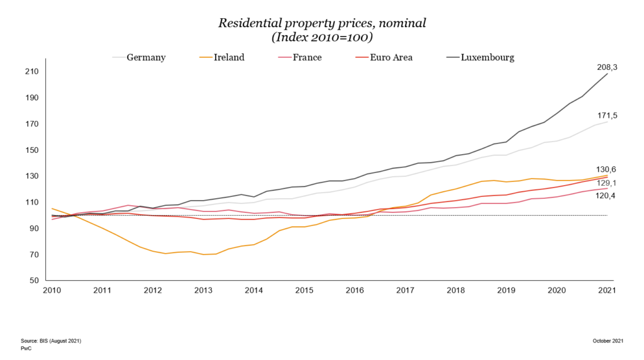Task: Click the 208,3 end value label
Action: (x=607, y=67)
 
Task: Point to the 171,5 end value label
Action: (x=607, y=116)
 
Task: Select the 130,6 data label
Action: (x=607, y=169)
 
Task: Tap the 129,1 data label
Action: (x=607, y=183)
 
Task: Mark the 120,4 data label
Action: (x=607, y=196)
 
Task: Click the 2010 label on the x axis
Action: (x=52, y=290)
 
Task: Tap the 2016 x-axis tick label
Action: (x=355, y=290)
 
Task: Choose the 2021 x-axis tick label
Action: (x=607, y=290)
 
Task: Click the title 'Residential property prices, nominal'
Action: (x=322, y=23)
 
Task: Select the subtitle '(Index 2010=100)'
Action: (x=322, y=37)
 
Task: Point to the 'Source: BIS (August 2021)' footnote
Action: (x=51, y=340)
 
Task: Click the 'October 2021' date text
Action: (x=608, y=340)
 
